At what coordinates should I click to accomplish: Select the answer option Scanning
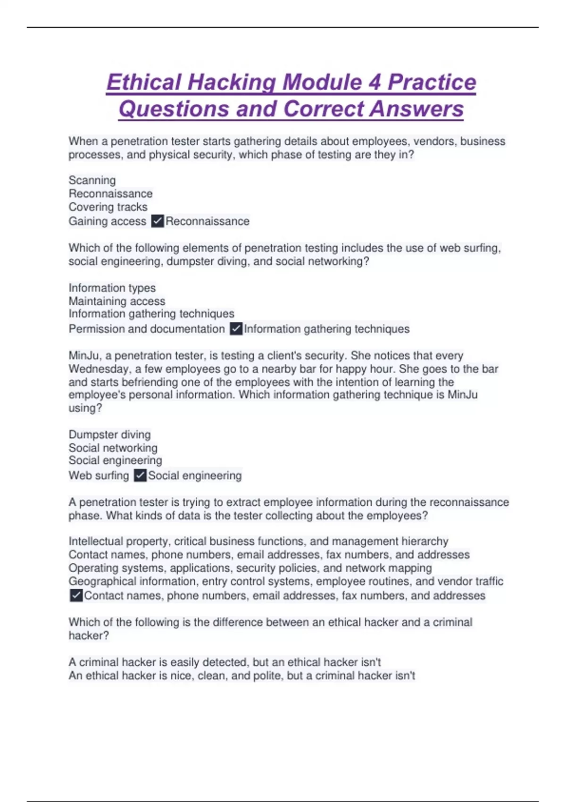92,180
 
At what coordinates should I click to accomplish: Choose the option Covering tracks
108,207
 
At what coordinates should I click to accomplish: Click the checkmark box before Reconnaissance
158,221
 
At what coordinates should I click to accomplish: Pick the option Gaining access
108,221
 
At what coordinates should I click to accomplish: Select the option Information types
112,288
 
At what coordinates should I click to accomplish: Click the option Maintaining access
117,301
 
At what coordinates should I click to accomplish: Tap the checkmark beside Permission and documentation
236,329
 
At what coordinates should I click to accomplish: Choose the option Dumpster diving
110,434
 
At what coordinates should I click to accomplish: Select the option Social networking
113,448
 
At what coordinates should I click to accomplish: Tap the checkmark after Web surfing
140,476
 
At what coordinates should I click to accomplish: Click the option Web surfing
99,476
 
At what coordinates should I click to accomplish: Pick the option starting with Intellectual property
258,541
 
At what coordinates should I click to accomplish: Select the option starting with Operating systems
250,568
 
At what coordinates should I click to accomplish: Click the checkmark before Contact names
76,596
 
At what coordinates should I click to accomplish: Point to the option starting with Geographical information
286,581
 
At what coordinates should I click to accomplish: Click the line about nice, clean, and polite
242,676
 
